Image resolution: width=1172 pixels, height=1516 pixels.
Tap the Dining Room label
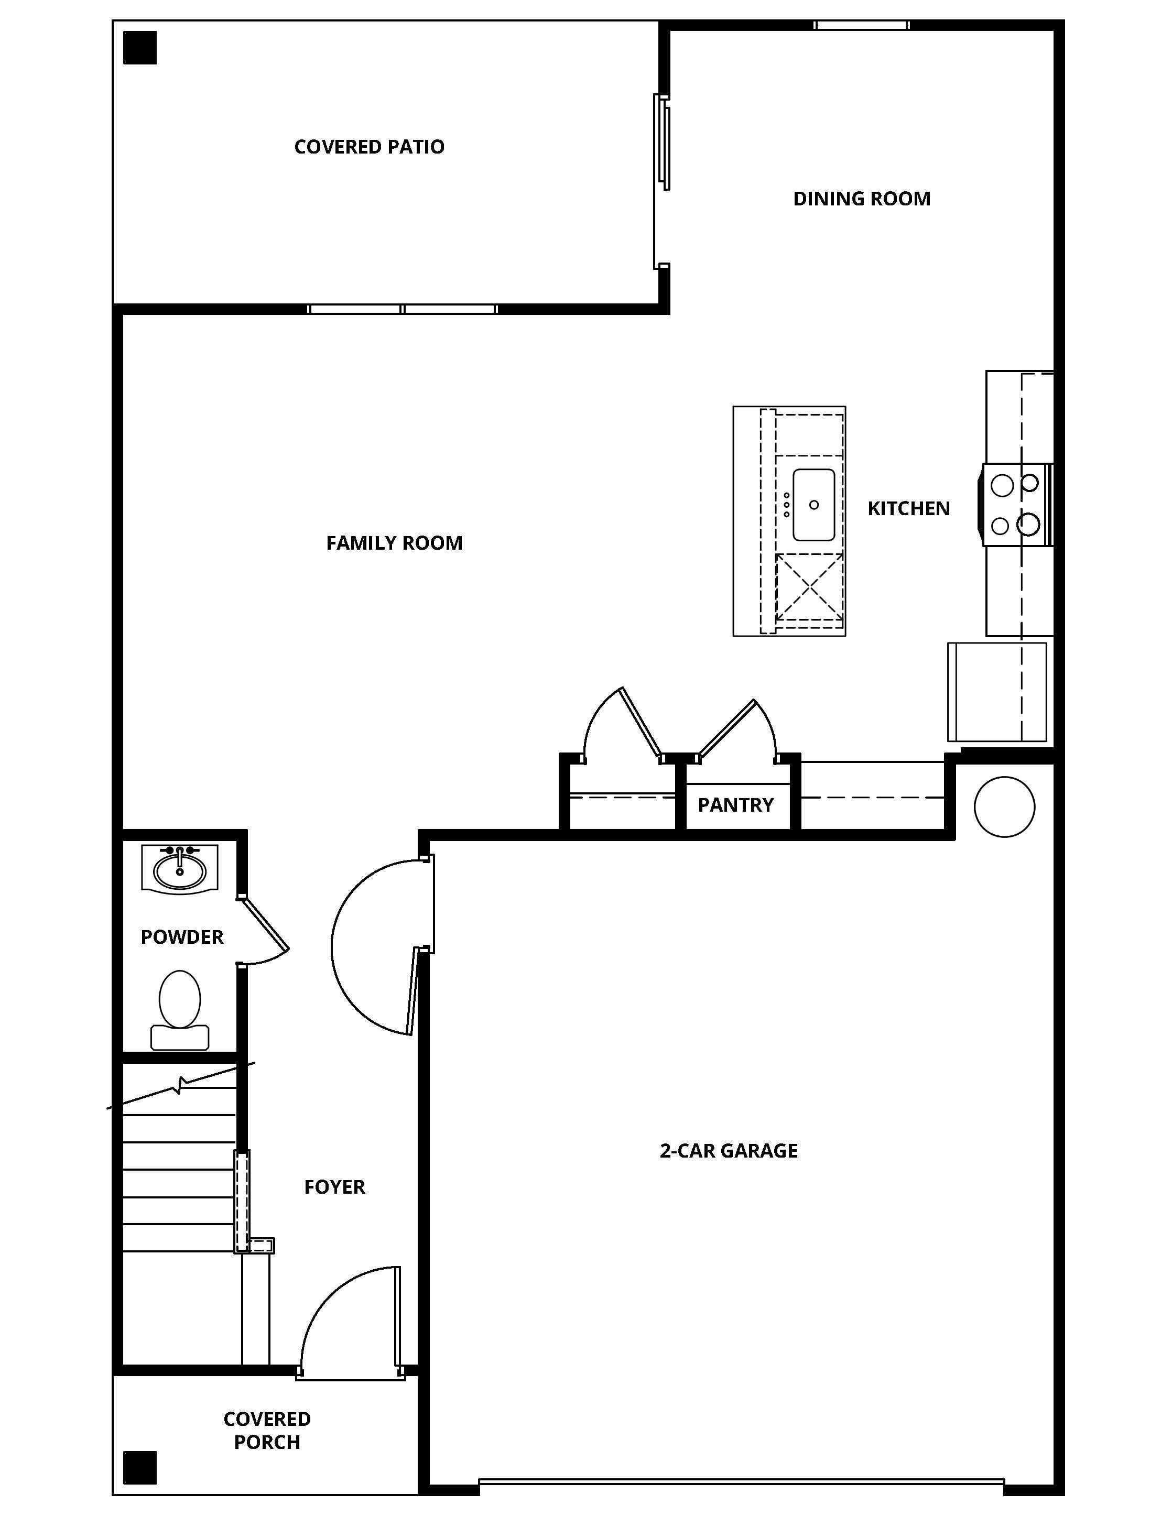point(862,199)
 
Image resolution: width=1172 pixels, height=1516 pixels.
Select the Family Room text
point(394,543)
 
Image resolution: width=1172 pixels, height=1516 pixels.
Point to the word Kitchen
point(908,509)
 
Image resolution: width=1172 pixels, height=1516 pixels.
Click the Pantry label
point(735,805)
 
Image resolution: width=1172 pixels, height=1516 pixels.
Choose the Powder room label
point(182,937)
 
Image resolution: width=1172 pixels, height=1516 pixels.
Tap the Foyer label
point(334,1187)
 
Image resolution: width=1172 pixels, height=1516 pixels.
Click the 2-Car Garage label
point(729,1151)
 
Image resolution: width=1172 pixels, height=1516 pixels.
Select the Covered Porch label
point(267,1431)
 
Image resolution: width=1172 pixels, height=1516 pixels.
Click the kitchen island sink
point(813,505)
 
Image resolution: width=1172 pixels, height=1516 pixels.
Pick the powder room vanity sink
point(180,868)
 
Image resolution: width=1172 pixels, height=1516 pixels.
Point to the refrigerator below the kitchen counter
point(997,692)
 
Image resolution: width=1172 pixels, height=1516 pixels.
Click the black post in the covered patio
point(140,48)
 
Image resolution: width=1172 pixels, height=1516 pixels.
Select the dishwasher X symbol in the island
point(810,587)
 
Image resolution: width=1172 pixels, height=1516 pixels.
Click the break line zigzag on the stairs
point(180,1085)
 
